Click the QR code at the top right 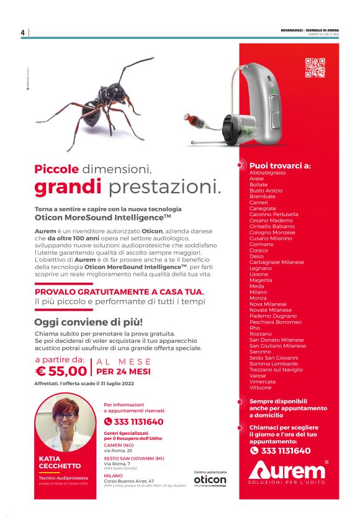(315, 67)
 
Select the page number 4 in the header (22, 33)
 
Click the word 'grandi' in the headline (68, 186)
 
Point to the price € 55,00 (61, 371)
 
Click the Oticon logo (210, 480)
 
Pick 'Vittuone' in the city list (261, 387)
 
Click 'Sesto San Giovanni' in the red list (274, 357)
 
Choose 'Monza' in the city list (258, 298)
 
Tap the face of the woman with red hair (66, 414)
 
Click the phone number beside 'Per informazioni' (138, 422)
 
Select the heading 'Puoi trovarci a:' (280, 166)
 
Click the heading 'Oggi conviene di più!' (88, 322)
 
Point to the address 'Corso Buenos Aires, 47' (129, 480)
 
